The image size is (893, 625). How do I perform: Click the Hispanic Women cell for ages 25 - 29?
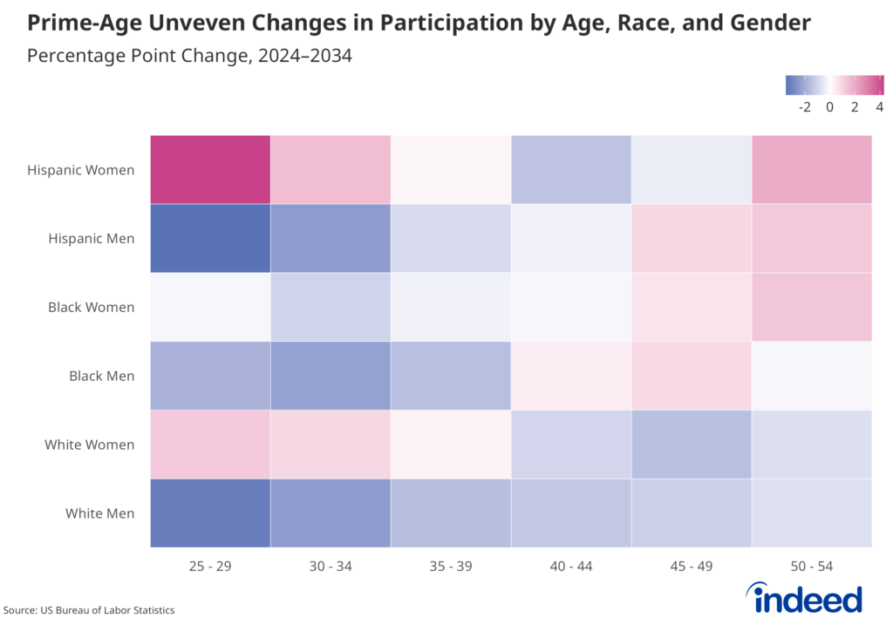click(x=210, y=170)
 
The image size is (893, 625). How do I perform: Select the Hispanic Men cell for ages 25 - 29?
click(x=210, y=238)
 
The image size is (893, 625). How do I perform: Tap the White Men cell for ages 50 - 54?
click(x=811, y=513)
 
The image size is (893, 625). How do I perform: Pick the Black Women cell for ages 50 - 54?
click(x=811, y=307)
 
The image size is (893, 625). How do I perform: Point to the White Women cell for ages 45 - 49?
click(x=691, y=445)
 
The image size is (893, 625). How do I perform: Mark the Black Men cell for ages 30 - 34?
click(x=331, y=376)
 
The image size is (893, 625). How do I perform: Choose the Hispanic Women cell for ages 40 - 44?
click(x=571, y=170)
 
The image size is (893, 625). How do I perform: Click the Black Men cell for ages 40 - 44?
click(x=571, y=376)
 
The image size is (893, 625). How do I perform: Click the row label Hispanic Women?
click(x=81, y=170)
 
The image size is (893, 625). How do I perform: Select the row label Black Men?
click(x=102, y=377)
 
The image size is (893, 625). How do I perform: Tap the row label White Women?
click(x=90, y=445)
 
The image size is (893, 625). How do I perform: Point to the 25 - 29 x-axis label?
click(x=210, y=567)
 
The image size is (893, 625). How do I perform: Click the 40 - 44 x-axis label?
click(x=571, y=567)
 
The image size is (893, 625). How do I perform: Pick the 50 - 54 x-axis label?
click(x=811, y=567)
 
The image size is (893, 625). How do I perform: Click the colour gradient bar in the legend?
click(x=835, y=85)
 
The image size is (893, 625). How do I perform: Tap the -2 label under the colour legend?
click(x=804, y=107)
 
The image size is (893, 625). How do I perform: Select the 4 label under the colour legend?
click(x=879, y=107)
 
